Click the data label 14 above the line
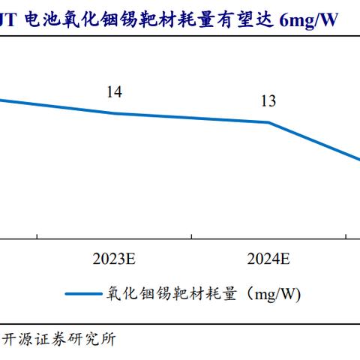point(114,92)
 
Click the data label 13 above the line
point(268,101)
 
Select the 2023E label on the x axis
point(114,259)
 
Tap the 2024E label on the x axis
point(268,259)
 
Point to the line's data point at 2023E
point(114,113)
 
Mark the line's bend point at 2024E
point(268,122)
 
